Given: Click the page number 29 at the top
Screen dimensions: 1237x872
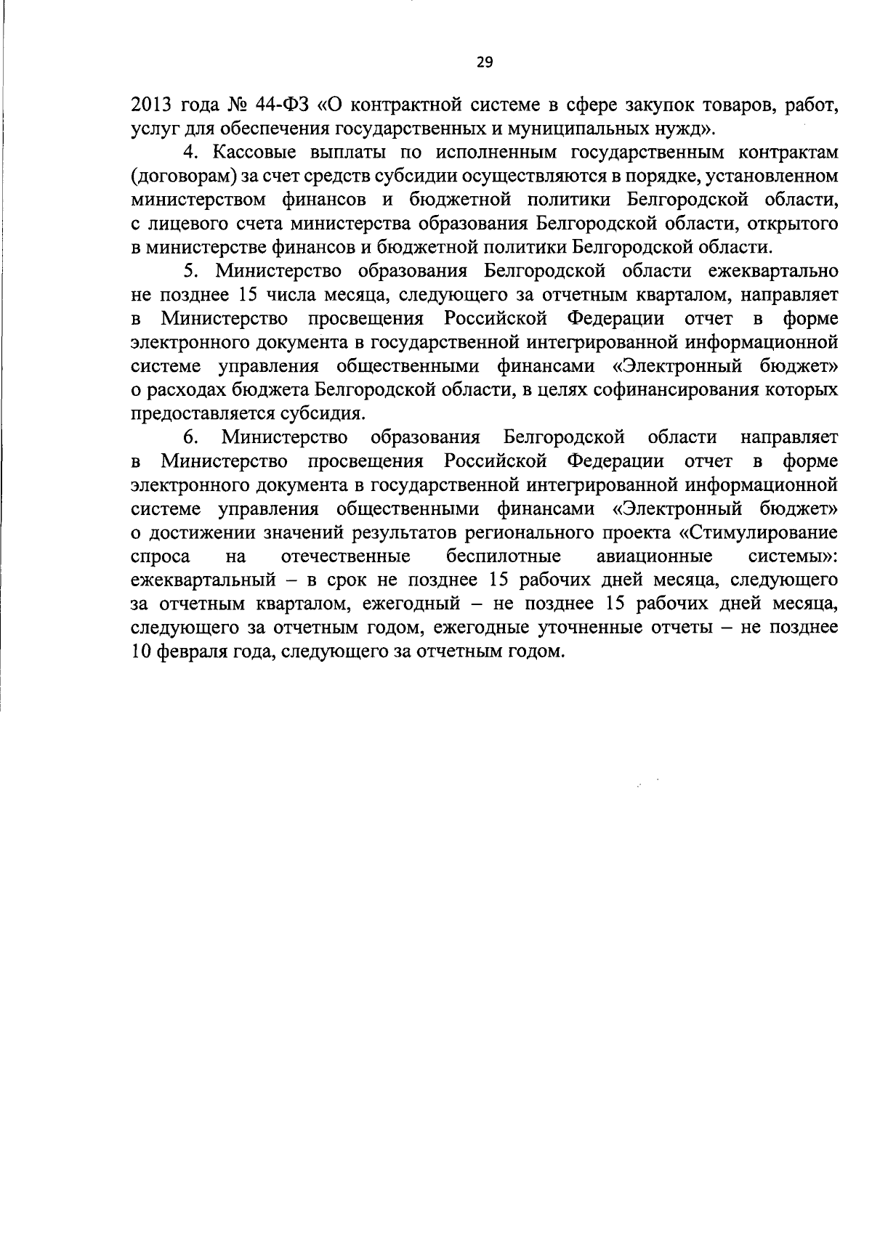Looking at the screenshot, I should point(485,62).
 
